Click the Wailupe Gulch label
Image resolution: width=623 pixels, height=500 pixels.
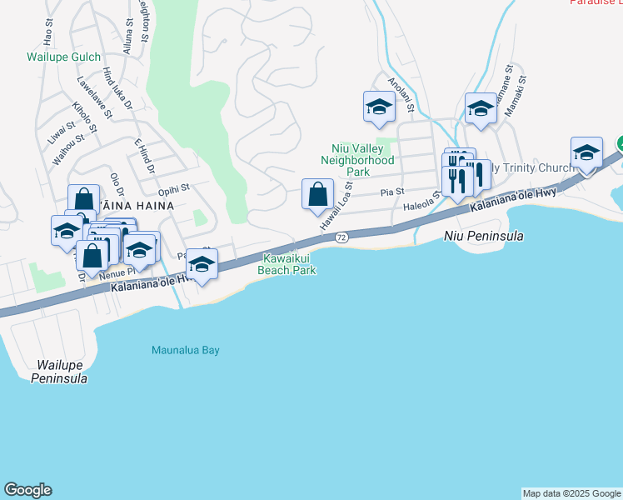63,57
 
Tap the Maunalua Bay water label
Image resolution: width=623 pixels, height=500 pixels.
185,350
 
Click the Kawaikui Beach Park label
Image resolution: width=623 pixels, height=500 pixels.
288,263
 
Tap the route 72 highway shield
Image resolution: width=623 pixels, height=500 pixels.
341,237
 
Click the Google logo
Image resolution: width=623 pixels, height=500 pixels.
27,490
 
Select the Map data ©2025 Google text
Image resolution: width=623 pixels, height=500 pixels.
571,493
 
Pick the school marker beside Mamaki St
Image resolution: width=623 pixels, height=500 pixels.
481,108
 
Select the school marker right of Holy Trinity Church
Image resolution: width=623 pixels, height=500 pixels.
586,152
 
